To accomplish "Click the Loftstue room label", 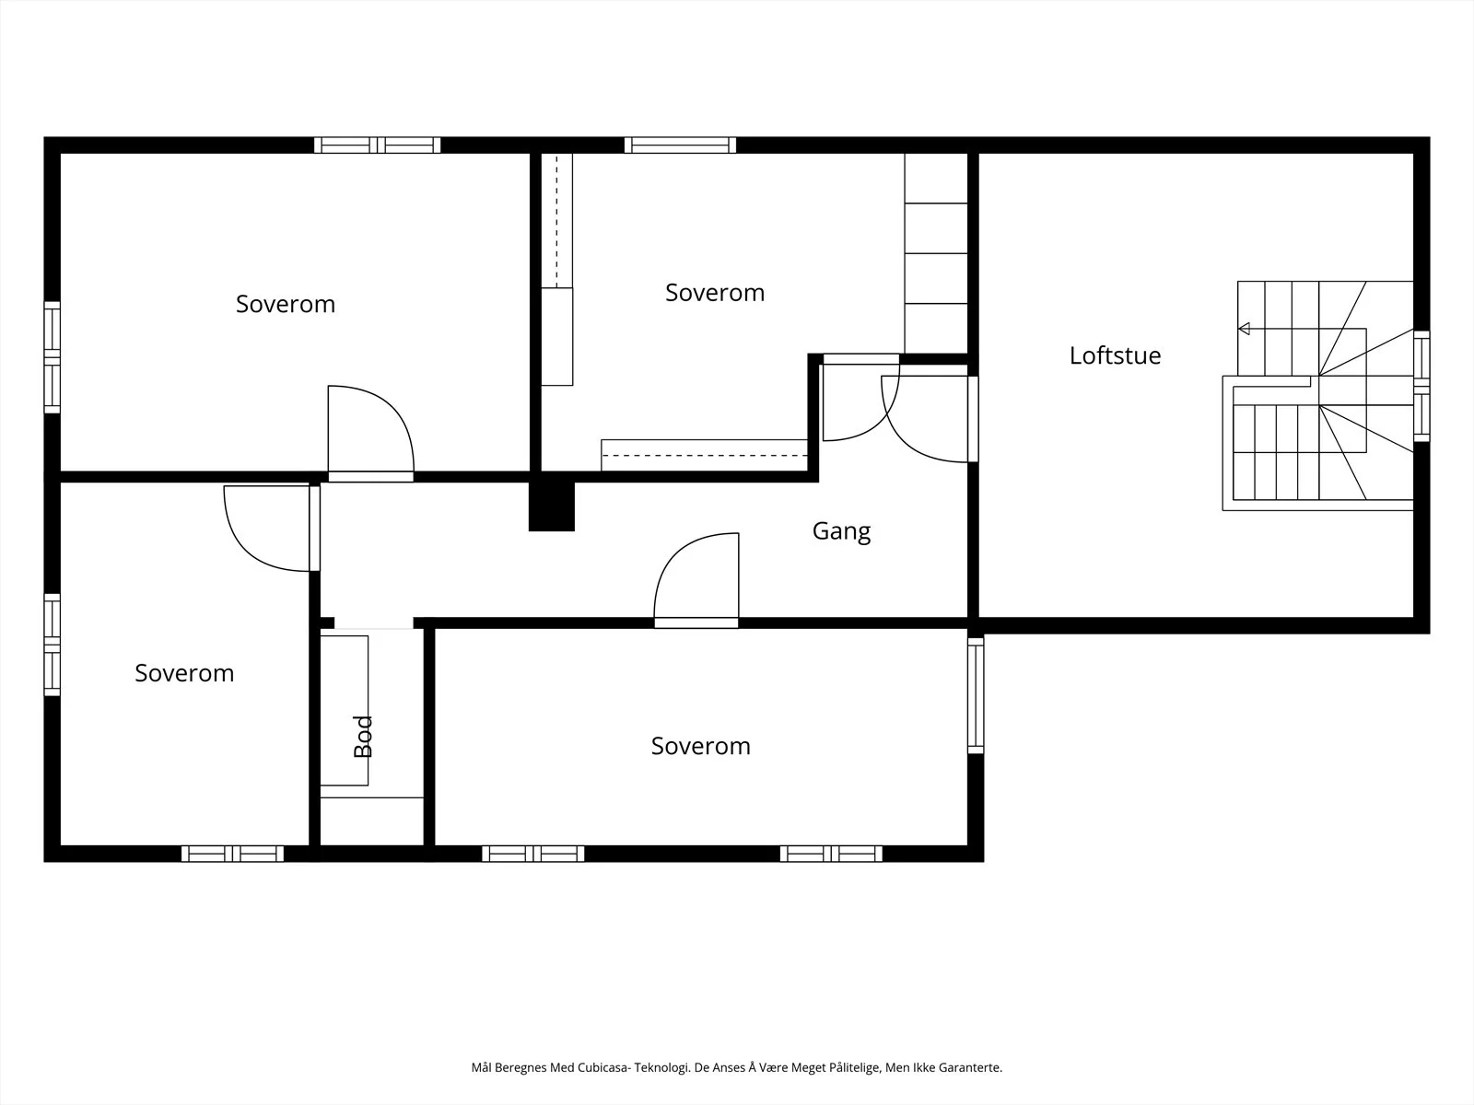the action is [x=1115, y=355].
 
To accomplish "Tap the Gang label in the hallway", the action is [x=841, y=531].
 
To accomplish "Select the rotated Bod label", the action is [x=363, y=737].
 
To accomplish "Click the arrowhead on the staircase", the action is [x=1244, y=329].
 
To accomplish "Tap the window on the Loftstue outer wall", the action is [x=1421, y=386].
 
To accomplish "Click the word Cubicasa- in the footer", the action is [x=603, y=1067].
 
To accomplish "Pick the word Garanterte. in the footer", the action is [x=970, y=1067].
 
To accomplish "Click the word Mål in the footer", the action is [x=482, y=1067].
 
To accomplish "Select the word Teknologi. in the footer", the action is [x=662, y=1067].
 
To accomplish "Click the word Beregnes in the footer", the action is [x=521, y=1067].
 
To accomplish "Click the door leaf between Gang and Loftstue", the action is [x=972, y=419].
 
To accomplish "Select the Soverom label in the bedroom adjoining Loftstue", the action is [x=715, y=293].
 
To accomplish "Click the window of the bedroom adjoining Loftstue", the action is [x=680, y=145].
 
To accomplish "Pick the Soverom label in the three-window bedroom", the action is [x=700, y=746].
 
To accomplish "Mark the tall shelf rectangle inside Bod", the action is [x=344, y=711].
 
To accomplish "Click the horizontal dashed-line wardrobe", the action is [x=704, y=455].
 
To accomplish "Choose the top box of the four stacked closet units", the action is [x=935, y=178].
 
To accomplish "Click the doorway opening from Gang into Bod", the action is [x=373, y=624].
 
